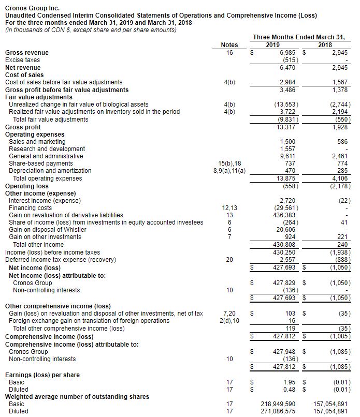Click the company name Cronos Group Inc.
click(x=32, y=8)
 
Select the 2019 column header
click(x=272, y=45)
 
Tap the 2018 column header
click(x=325, y=45)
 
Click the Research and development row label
click(x=47, y=149)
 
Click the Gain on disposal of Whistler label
click(x=45, y=230)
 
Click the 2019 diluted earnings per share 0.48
click(x=289, y=389)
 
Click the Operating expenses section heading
click(x=34, y=135)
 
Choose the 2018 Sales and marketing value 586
click(x=342, y=142)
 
